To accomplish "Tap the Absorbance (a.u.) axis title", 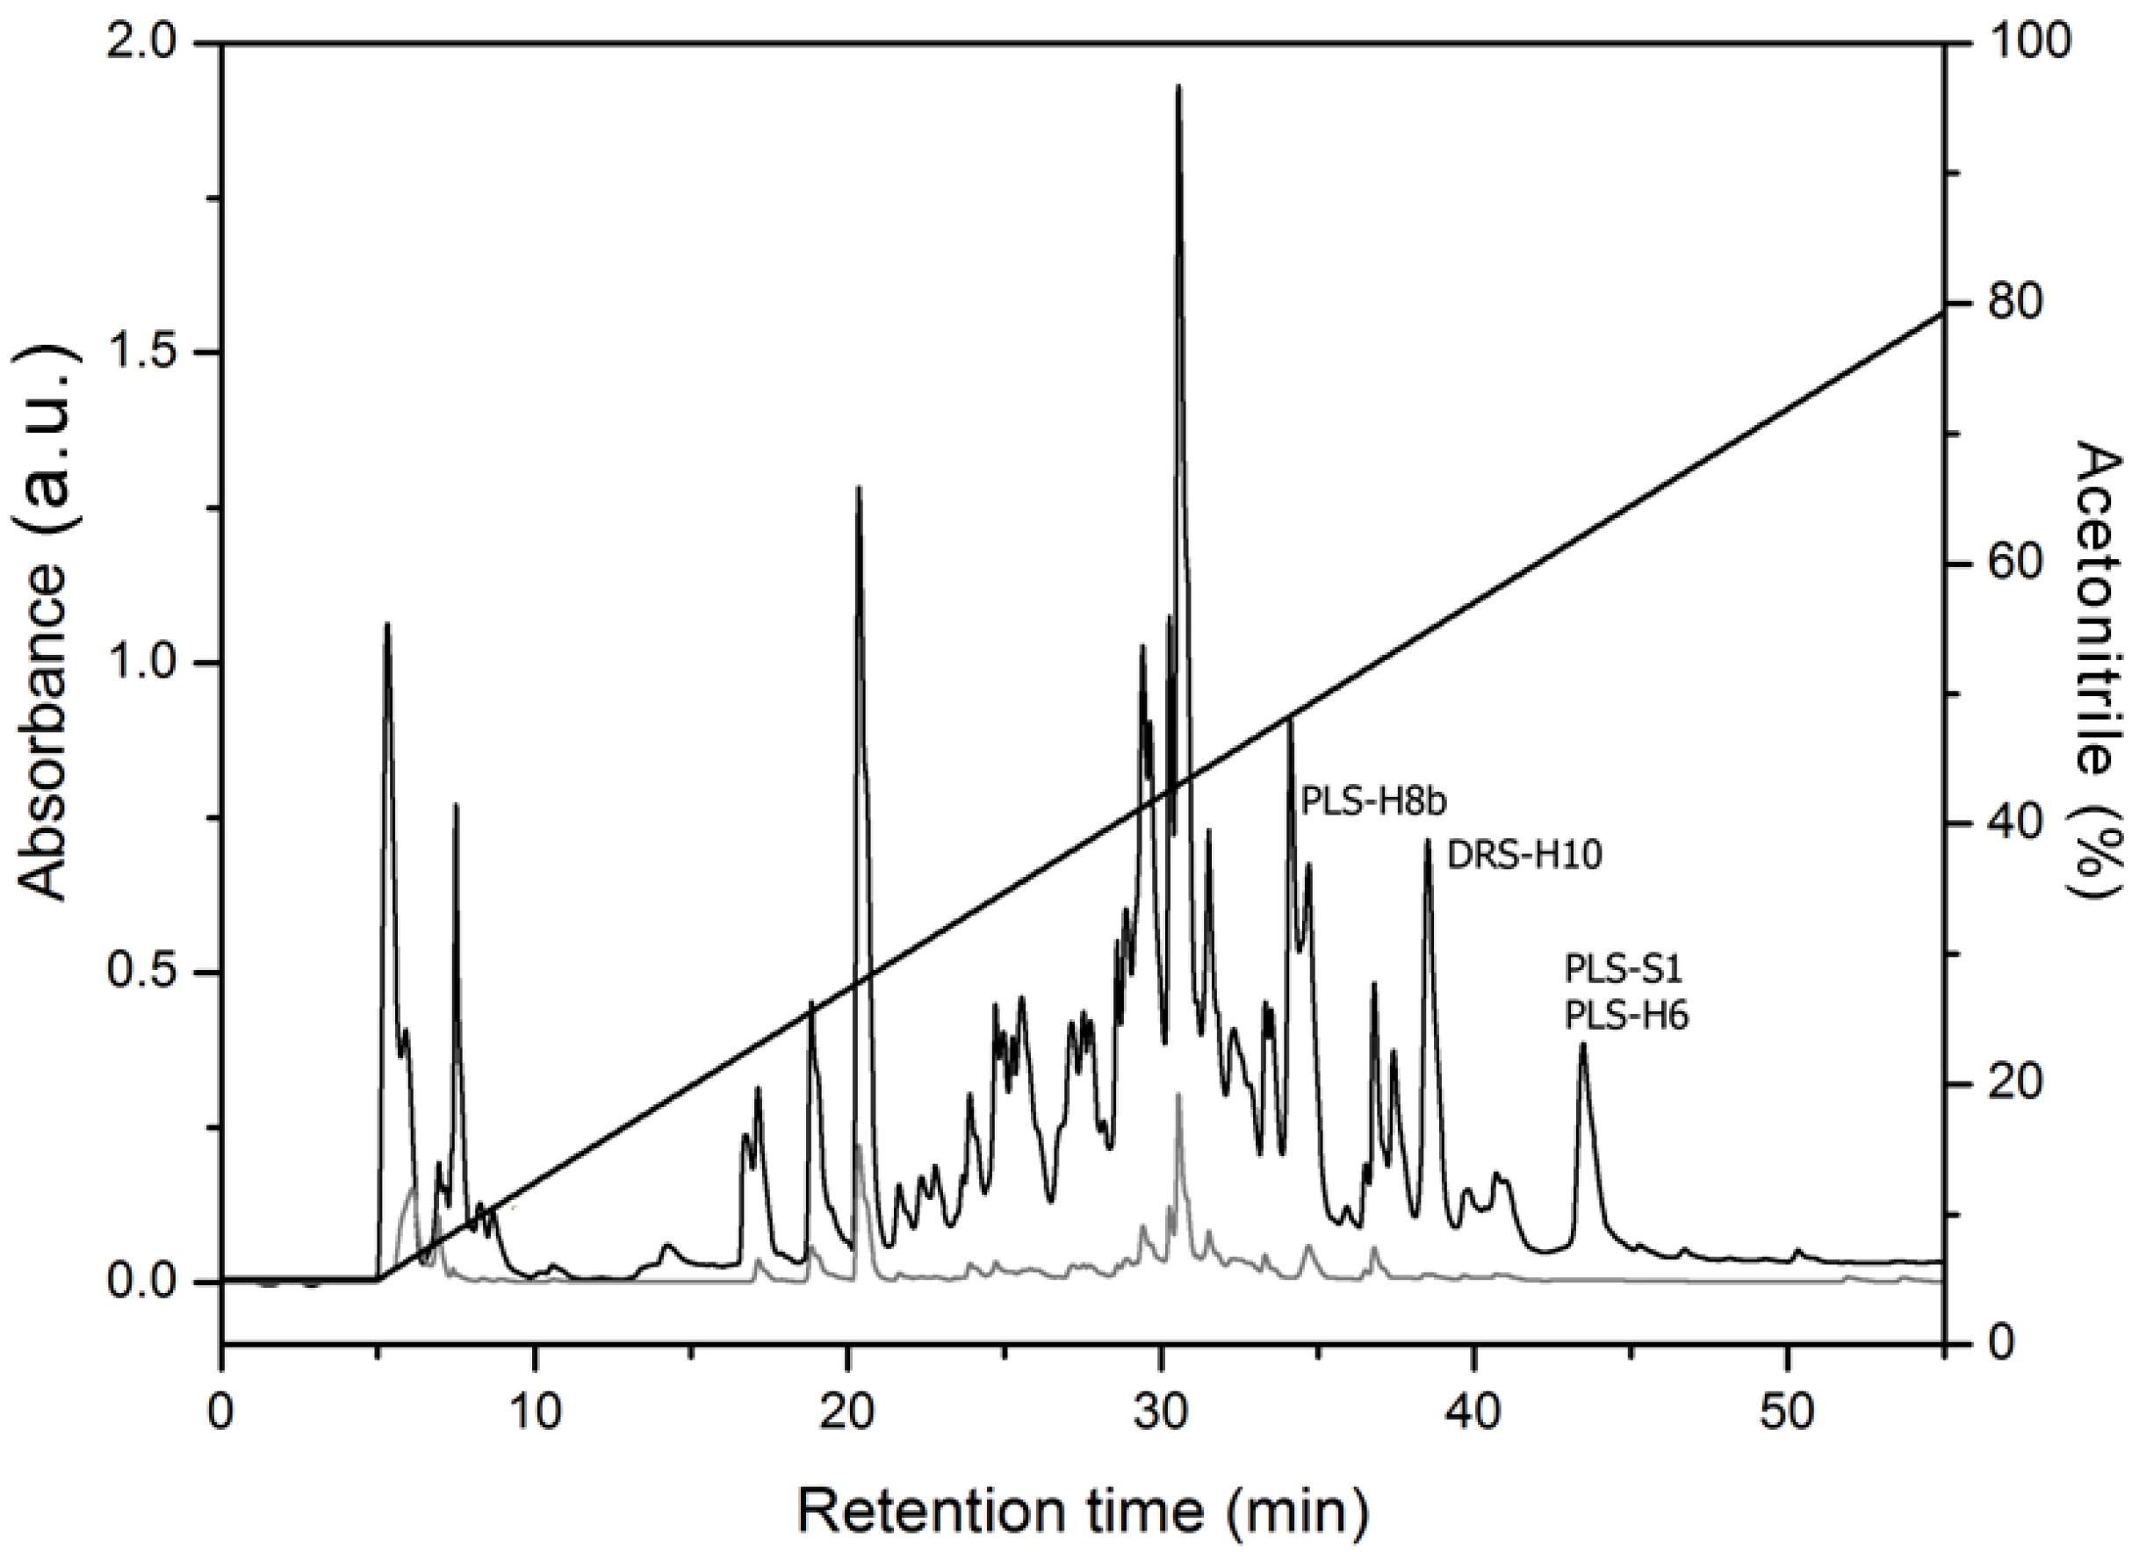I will click(45, 662).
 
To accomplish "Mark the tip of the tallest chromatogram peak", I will click(1178, 87).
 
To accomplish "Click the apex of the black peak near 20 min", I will click(857, 487).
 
